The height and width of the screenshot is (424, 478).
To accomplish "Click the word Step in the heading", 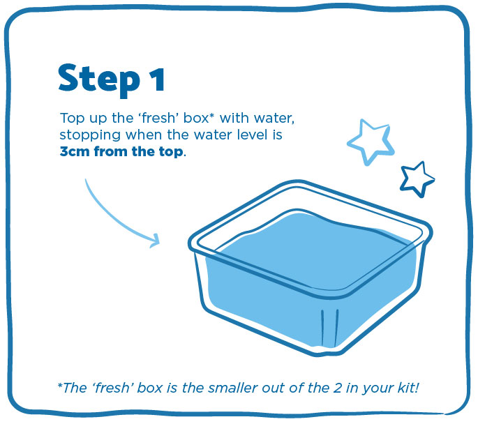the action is click(x=99, y=79).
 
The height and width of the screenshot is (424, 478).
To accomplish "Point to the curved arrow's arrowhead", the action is click(x=156, y=241).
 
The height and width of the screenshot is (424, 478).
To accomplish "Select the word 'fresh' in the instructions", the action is click(x=158, y=118).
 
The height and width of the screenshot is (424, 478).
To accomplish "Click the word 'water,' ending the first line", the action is click(x=274, y=119).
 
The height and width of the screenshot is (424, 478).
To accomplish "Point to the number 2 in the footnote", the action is click(x=337, y=388).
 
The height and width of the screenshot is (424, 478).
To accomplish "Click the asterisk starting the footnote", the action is click(x=60, y=386).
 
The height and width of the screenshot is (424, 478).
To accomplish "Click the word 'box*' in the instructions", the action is click(x=198, y=118).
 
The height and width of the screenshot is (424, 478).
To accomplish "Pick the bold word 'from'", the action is click(x=111, y=151).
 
